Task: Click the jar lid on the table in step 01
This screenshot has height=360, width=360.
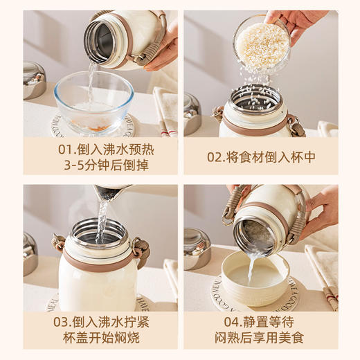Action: pos(34,79)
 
